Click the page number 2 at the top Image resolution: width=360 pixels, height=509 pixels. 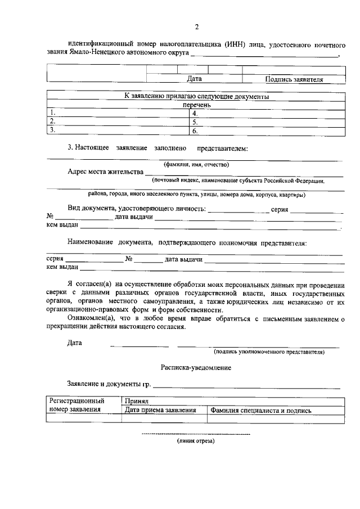click(x=196, y=26)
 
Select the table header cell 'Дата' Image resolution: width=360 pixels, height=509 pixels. click(x=194, y=79)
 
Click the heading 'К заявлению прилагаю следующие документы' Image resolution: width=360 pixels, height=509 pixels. click(x=196, y=96)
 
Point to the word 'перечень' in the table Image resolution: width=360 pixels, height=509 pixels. click(x=196, y=105)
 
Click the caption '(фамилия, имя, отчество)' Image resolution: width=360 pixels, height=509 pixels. click(x=196, y=165)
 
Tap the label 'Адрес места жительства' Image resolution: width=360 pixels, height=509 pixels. click(x=105, y=172)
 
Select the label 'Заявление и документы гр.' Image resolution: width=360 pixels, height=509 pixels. click(x=109, y=384)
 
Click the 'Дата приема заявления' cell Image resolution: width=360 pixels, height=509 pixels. click(x=160, y=411)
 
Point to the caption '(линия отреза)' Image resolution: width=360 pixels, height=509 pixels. click(x=196, y=441)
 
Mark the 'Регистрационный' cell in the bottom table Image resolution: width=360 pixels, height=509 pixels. click(x=78, y=402)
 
